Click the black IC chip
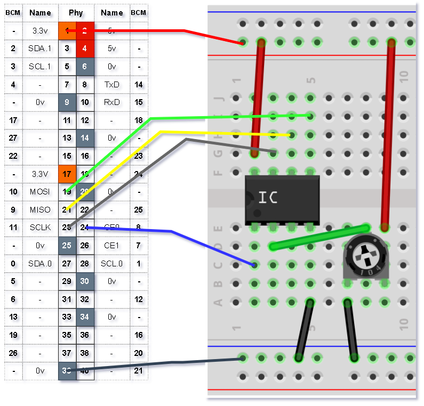click(x=282, y=199)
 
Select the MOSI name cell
click(x=40, y=191)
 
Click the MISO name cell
click(x=40, y=210)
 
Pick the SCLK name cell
click(x=40, y=228)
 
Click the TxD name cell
click(x=112, y=84)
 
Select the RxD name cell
click(x=112, y=102)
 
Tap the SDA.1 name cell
click(x=40, y=48)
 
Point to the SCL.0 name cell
click(x=112, y=263)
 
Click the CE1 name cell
click(x=112, y=246)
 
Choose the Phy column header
click(x=76, y=13)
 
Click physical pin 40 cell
click(x=85, y=371)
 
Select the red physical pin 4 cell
click(x=85, y=48)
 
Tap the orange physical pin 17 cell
click(x=67, y=174)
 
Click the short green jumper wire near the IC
click(x=319, y=237)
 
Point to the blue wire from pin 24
click(x=171, y=231)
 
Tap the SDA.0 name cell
click(x=40, y=263)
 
